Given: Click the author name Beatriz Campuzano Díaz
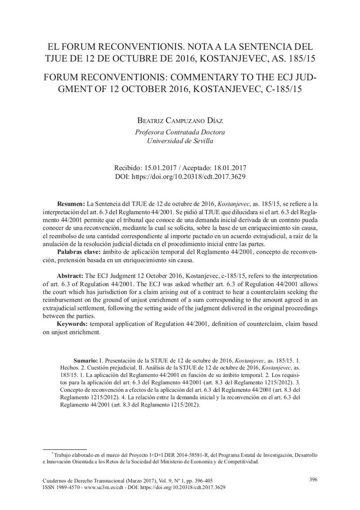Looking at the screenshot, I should click(180, 121).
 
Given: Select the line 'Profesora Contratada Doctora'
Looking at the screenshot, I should click(180, 132).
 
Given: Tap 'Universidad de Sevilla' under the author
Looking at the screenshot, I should click(180, 141).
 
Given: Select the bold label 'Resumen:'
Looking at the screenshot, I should click(71, 204).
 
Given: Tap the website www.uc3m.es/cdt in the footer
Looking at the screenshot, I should click(105, 487).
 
